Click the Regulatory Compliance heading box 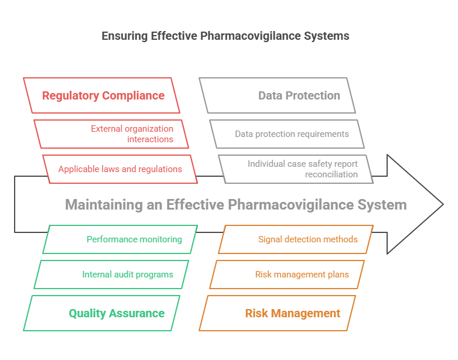102,95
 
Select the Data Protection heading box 278,95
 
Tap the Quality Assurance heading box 102,313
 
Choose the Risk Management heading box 278,313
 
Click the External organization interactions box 111,134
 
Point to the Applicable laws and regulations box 120,169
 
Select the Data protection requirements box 287,134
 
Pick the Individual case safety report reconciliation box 296,169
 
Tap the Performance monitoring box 120,239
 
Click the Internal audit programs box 111,275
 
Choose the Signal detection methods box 296,239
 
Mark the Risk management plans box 287,275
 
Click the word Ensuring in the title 124,36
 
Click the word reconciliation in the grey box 331,174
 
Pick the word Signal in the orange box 271,239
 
